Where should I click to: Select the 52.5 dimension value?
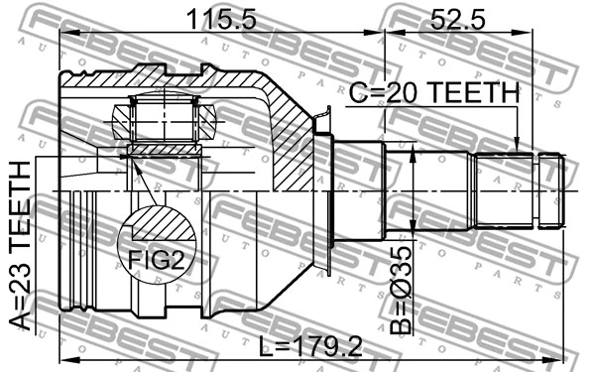(x=455, y=17)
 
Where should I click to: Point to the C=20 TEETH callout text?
(x=433, y=92)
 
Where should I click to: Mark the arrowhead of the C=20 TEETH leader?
(x=517, y=147)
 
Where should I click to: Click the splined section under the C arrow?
(x=505, y=188)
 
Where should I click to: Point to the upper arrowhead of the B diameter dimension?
(x=412, y=149)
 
